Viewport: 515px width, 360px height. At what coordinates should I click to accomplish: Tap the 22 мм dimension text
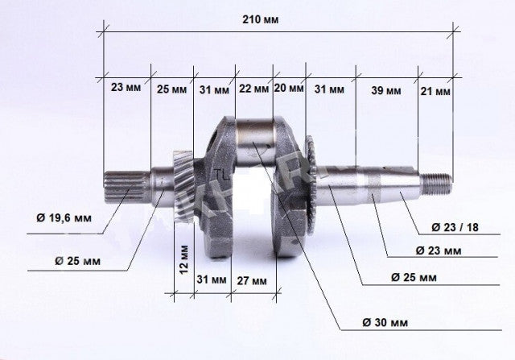click(x=253, y=89)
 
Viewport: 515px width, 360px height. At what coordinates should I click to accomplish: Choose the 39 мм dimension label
click(x=385, y=89)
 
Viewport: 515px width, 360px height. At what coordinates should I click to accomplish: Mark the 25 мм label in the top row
click(x=171, y=89)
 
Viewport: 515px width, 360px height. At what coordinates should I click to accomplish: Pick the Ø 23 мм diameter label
click(x=435, y=251)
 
